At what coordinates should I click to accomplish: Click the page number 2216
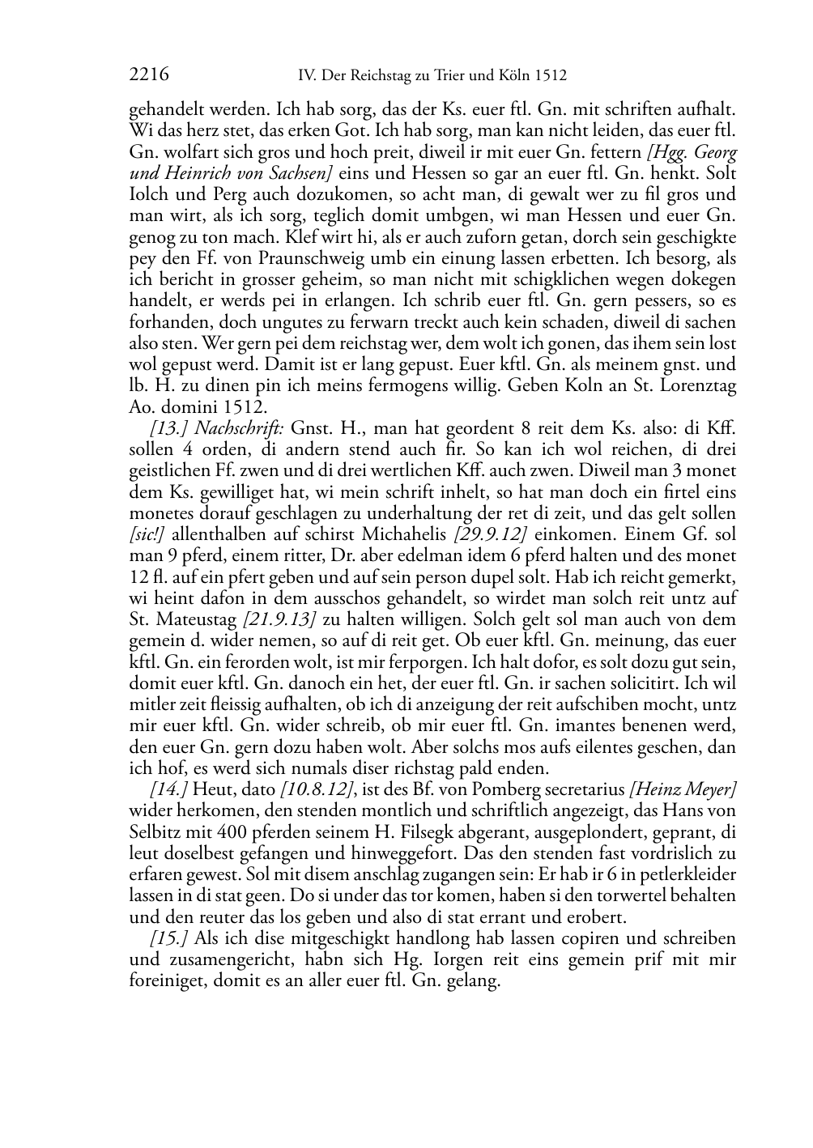(148, 75)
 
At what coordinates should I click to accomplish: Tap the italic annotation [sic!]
(147, 534)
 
